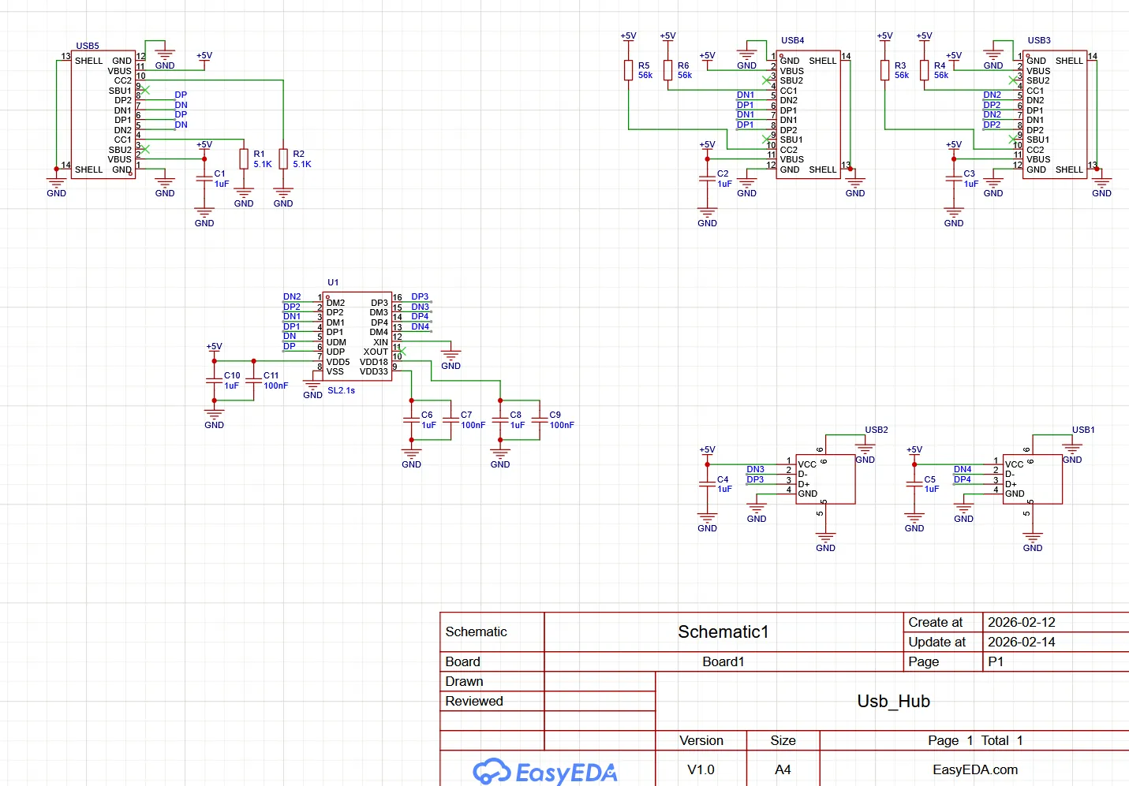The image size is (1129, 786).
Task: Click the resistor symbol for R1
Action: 244,158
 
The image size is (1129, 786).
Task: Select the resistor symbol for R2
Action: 283,158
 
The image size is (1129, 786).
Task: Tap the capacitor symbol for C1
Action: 204,178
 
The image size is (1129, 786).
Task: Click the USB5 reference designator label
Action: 88,46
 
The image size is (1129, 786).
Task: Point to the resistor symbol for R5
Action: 629,70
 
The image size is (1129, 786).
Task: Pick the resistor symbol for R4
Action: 925,70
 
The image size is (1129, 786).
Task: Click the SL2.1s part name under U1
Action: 341,390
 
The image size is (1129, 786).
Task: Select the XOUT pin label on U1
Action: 376,352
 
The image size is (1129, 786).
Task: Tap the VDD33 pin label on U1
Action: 374,371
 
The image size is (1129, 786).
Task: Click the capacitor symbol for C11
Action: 253,381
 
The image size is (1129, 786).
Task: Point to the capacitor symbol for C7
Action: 451,420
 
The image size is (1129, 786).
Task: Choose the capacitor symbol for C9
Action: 540,420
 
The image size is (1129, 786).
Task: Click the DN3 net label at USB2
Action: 756,469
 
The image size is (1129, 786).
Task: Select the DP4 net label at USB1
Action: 963,479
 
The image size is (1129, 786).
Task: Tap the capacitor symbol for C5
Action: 914,484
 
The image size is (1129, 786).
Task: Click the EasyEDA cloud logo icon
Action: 492,771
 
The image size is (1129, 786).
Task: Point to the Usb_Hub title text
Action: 894,701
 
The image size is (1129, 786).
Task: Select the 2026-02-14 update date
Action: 1022,642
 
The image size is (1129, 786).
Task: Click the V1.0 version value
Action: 701,769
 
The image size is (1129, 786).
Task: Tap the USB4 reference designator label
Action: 793,40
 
